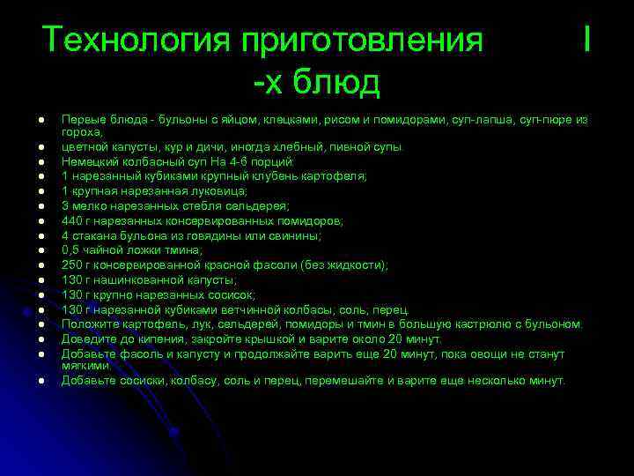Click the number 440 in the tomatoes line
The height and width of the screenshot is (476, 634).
tap(71, 221)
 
